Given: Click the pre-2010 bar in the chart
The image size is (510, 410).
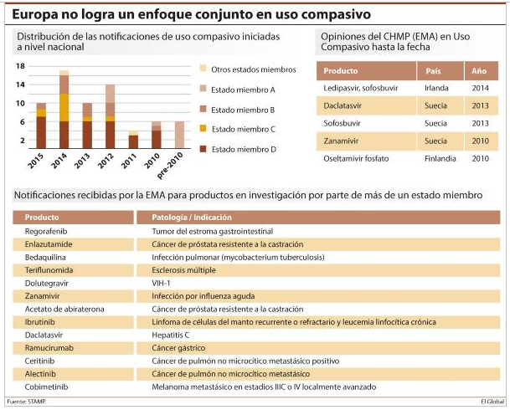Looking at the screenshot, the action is click(x=179, y=135).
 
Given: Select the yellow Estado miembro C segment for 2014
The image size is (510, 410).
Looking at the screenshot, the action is click(x=64, y=108).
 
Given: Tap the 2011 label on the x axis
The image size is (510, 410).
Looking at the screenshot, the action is click(x=129, y=161).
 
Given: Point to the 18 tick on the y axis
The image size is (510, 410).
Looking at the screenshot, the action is click(x=20, y=66).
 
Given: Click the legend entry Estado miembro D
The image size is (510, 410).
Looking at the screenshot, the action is click(x=239, y=149).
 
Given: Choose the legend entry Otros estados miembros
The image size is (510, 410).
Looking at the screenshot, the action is click(x=248, y=69).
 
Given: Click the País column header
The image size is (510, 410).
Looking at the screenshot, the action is click(x=433, y=71).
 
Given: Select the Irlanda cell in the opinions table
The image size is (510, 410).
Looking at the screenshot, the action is click(x=436, y=88).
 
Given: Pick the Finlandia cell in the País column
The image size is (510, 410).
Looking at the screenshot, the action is click(x=440, y=158).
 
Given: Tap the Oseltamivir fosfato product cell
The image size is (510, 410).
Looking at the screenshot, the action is click(x=356, y=158).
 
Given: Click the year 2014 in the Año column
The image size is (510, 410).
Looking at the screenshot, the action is click(x=481, y=88).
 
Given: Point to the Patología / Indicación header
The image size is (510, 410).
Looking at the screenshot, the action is click(x=192, y=218).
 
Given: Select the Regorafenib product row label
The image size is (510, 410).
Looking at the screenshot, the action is click(x=46, y=231).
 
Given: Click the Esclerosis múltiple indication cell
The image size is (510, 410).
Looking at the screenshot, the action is click(x=183, y=270).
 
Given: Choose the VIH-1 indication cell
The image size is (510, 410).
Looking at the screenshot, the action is click(x=161, y=283).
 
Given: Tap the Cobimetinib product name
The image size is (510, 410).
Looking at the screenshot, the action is click(x=46, y=387).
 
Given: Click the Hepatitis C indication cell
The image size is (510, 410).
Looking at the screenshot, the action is click(x=171, y=335).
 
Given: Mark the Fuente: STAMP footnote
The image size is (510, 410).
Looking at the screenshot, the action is click(x=26, y=402).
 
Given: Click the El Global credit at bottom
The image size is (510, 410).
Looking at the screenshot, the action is click(x=492, y=402).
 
